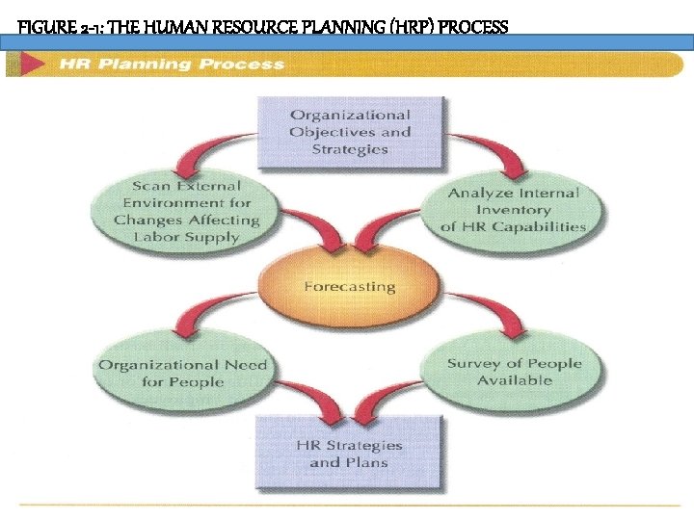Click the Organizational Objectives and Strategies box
[349, 132]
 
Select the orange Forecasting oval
[349, 286]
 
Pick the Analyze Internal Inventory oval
[513, 210]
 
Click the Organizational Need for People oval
[182, 373]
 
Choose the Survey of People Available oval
[514, 372]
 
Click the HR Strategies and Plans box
[349, 454]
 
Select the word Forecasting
[349, 287]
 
